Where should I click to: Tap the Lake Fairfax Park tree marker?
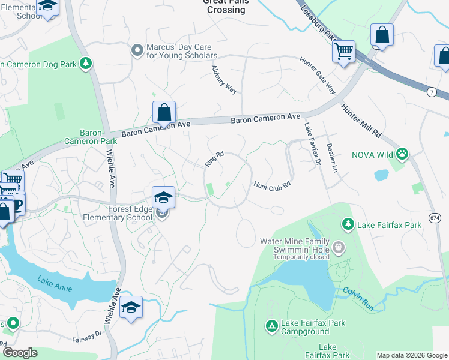(348, 224)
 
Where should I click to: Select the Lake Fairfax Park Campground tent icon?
(271, 326)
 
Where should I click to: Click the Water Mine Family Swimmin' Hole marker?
(339, 247)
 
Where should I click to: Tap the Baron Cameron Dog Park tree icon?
(86, 62)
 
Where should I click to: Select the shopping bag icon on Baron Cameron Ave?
(164, 112)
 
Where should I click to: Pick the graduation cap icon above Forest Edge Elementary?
(163, 197)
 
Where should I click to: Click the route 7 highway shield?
(432, 91)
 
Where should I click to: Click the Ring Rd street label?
(214, 159)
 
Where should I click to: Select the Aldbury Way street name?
(224, 79)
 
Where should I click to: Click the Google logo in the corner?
(20, 353)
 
